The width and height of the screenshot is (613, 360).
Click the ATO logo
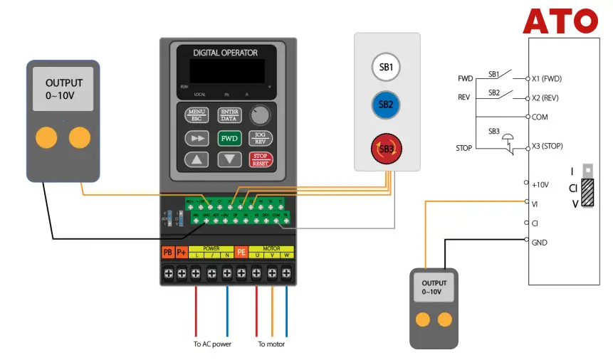pos(560,21)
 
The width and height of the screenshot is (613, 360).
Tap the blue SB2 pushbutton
pos(386,105)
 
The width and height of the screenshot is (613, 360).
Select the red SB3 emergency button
pos(386,149)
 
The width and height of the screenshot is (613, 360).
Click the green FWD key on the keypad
pos(229,138)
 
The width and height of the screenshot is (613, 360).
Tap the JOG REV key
pos(261,138)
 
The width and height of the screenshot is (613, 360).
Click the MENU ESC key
pos(196,115)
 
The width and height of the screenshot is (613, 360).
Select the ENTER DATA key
pos(229,115)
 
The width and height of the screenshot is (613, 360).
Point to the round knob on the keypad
pos(261,115)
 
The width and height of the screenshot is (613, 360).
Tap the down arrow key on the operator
pos(229,159)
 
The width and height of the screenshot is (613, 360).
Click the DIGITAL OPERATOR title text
pos(225,53)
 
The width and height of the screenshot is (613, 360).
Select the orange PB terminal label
pos(168,253)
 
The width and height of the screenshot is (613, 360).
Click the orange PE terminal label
pos(241,253)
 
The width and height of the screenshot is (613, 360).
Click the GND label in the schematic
pos(539,242)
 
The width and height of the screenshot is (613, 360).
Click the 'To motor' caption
pos(271,344)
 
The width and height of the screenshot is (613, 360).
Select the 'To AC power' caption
pos(212,344)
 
